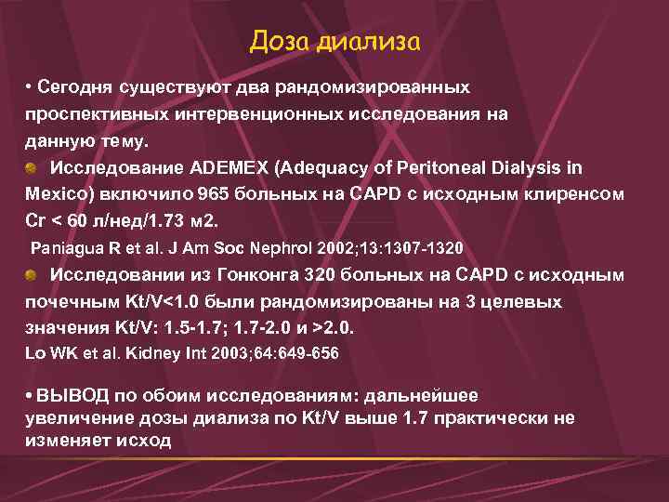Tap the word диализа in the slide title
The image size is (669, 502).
click(x=368, y=42)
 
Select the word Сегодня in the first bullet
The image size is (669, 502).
click(x=75, y=87)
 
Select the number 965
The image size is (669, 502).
click(x=216, y=195)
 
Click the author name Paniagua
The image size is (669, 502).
click(x=65, y=249)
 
